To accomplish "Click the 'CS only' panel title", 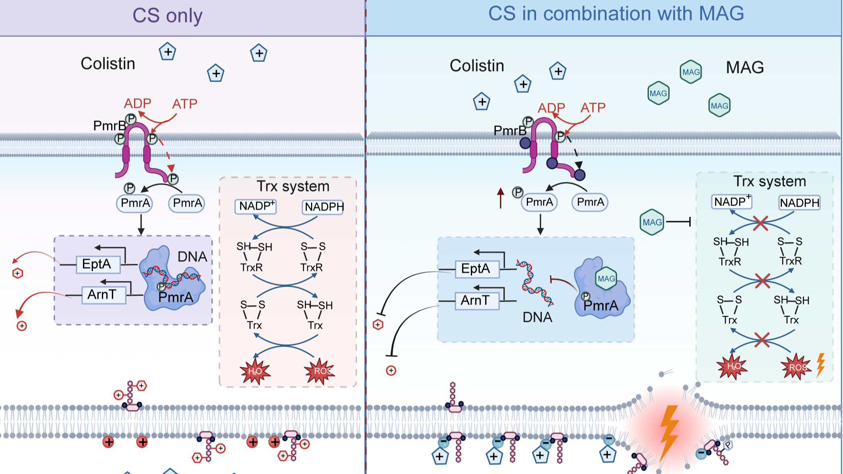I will click(167, 16).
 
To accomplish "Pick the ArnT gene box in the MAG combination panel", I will click(477, 300).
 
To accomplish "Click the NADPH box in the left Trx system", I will click(323, 207).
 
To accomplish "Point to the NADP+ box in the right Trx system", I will click(731, 201).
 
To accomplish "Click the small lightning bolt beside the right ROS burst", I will click(820, 365).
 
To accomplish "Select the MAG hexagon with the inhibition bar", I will click(652, 222).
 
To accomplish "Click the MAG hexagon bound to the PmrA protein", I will click(606, 279).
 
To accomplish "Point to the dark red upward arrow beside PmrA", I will click(501, 198).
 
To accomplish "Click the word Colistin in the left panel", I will click(108, 64).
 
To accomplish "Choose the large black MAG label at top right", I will click(745, 67).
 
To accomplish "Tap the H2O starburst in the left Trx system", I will click(255, 371).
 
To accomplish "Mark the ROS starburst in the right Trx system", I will click(796, 367).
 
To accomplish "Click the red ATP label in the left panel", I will click(184, 104).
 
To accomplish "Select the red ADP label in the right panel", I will click(551, 108).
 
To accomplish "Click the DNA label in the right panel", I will click(537, 317).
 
